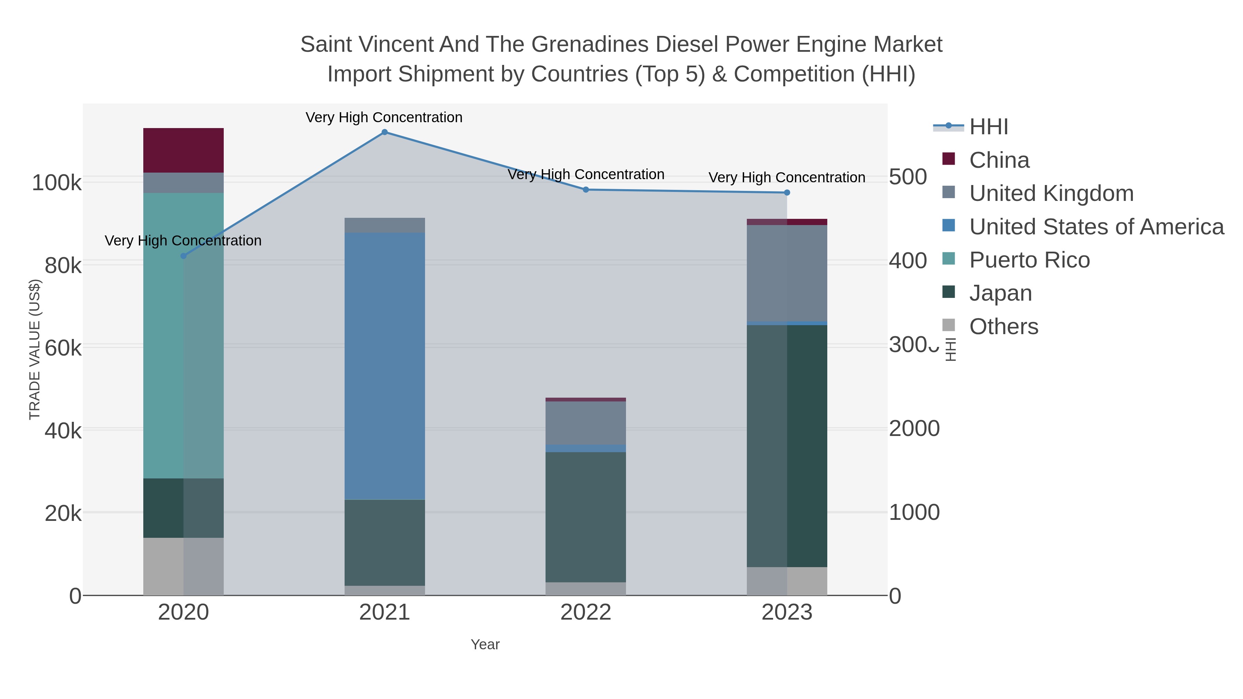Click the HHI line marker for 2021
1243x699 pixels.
(385, 132)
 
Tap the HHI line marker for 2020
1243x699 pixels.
(183, 256)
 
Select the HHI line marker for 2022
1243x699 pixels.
(586, 190)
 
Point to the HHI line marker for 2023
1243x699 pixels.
(787, 193)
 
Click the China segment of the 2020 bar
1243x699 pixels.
(183, 150)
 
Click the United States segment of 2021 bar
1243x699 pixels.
(385, 366)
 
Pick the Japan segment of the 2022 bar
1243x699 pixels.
(586, 517)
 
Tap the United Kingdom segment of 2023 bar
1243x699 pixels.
(787, 273)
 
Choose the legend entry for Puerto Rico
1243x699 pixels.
(1029, 260)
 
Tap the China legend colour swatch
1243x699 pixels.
(949, 159)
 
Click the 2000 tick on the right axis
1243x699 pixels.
(914, 429)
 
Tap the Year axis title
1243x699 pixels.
(485, 644)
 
